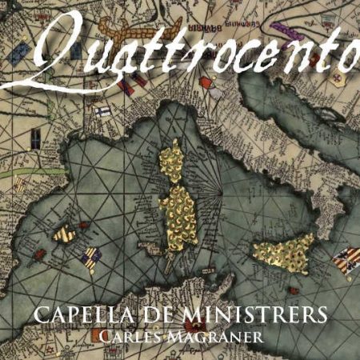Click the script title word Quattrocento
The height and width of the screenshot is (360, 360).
click(x=192, y=52)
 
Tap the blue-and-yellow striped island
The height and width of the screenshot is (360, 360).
click(x=90, y=258)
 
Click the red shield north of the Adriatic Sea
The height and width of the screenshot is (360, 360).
click(x=206, y=82)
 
